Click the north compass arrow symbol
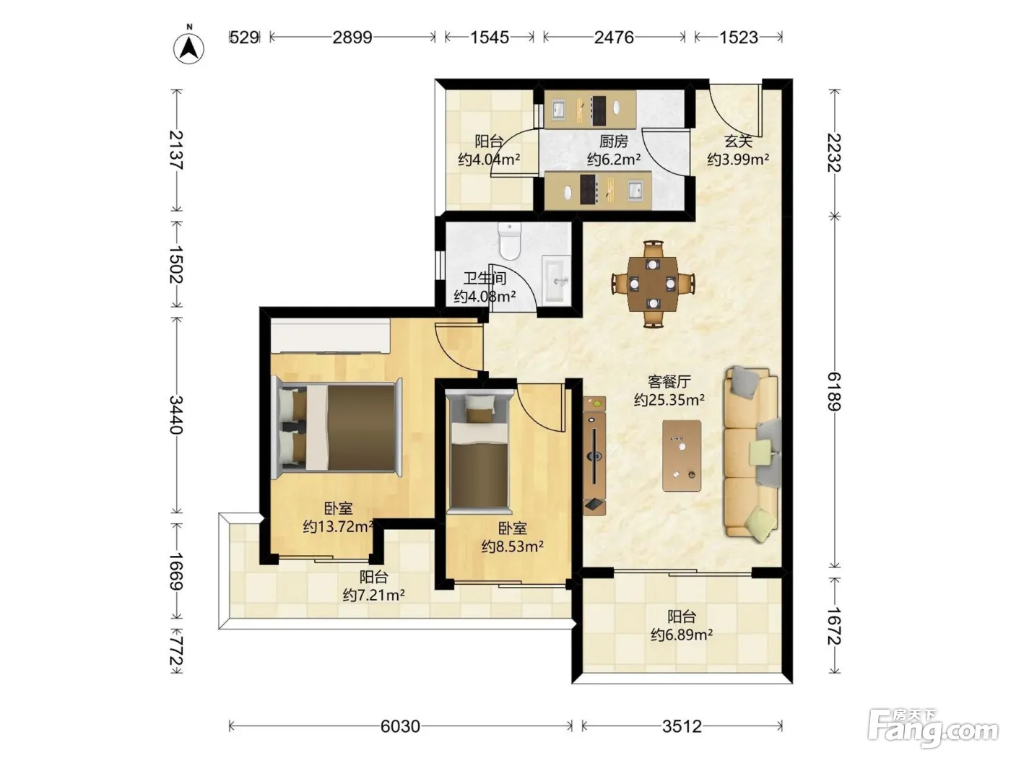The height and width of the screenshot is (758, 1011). pyautogui.click(x=188, y=47)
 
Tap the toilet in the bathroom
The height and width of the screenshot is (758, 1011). pyautogui.click(x=509, y=241)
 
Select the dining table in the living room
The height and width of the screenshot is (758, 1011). pyautogui.click(x=653, y=284)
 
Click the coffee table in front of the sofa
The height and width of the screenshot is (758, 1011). pyautogui.click(x=682, y=456)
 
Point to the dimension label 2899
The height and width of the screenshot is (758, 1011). pyautogui.click(x=352, y=38)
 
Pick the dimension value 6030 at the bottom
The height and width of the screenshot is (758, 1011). pyautogui.click(x=400, y=726)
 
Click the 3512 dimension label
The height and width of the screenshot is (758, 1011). pyautogui.click(x=682, y=726)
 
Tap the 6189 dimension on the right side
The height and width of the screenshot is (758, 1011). pyautogui.click(x=834, y=392)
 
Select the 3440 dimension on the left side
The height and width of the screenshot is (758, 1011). pyautogui.click(x=176, y=414)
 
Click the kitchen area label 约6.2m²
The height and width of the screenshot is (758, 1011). pyautogui.click(x=614, y=160)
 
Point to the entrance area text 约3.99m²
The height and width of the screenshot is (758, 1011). pyautogui.click(x=738, y=160)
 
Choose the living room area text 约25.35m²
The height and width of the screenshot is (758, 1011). pyautogui.click(x=669, y=400)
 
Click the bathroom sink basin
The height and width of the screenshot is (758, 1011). pyautogui.click(x=556, y=279)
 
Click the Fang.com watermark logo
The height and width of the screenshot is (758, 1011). pyautogui.click(x=933, y=728)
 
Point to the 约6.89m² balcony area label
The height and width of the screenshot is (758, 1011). pyautogui.click(x=682, y=635)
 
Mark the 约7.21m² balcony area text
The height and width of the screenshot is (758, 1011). pyautogui.click(x=373, y=595)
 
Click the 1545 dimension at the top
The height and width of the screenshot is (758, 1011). pyautogui.click(x=489, y=38)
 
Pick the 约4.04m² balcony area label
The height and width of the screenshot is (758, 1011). pyautogui.click(x=489, y=160)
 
